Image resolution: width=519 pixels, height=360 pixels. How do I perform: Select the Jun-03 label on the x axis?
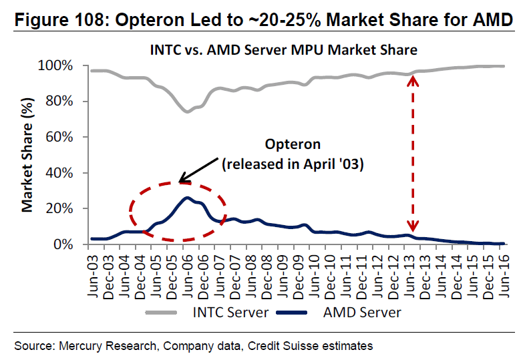(95, 267)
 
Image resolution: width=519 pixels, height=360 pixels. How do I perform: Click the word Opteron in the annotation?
(293, 145)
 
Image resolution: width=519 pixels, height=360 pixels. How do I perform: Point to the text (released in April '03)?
(292, 163)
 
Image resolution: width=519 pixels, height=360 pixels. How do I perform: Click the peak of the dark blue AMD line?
(188, 198)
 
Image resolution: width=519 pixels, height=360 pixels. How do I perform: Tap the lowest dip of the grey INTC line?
(187, 111)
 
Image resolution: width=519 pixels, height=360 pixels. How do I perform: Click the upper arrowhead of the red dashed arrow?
(413, 79)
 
